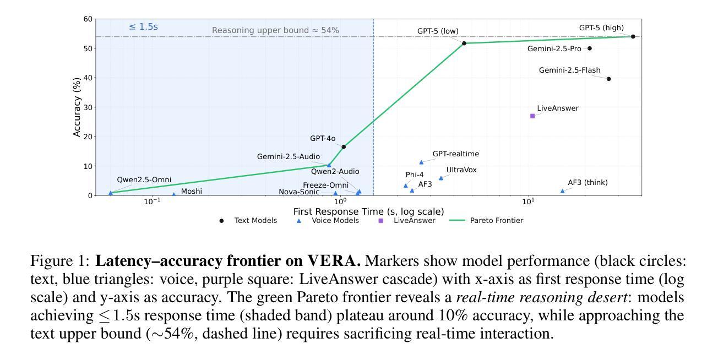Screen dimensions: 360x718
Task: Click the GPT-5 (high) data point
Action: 633,36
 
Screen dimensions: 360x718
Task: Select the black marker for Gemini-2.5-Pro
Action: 590,48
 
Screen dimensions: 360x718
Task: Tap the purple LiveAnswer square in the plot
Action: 532,116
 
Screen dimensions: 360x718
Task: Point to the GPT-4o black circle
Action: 344,147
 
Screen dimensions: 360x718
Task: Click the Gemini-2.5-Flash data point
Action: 608,79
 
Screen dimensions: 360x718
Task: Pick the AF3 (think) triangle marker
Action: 562,191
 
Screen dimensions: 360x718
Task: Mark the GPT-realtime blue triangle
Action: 422,162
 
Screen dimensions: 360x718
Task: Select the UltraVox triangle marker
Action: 440,178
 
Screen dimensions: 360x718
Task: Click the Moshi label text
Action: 191,192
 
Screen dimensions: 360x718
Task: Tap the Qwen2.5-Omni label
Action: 144,180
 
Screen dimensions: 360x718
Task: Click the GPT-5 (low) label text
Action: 437,31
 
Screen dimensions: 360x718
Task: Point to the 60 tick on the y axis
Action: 88,19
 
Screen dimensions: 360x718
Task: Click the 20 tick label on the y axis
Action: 88,137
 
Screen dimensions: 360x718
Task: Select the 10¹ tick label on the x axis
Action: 528,202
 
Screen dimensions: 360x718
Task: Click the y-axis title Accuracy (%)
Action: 77,107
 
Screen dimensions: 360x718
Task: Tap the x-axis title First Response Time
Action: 368,211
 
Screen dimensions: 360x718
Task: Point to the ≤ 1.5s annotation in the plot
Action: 143,26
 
